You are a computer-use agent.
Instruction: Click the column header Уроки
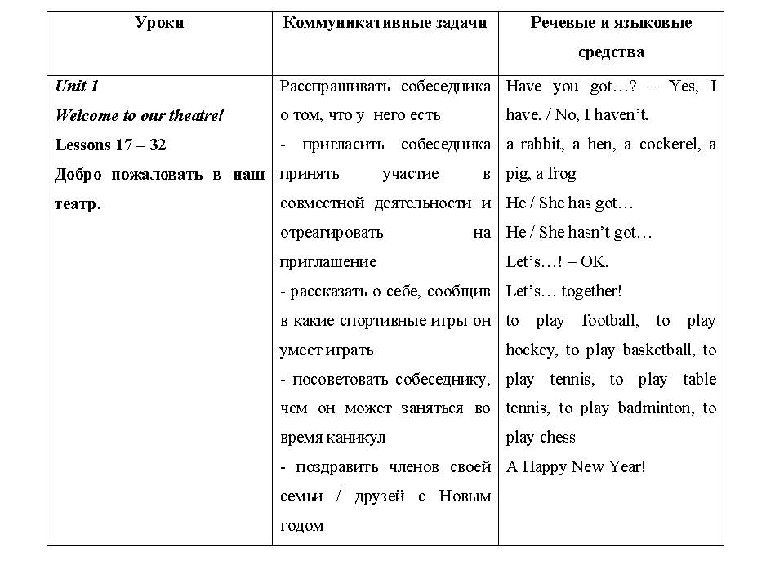click(x=159, y=23)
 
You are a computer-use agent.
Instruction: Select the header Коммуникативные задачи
click(x=385, y=23)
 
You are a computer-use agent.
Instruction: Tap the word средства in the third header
click(x=611, y=52)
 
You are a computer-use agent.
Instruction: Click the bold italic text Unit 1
click(x=77, y=86)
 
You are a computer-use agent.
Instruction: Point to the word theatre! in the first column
click(x=196, y=115)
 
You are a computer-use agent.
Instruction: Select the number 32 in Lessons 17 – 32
click(x=158, y=145)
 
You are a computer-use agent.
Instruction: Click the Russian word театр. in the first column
click(x=78, y=203)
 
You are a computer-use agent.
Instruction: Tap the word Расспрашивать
click(x=324, y=86)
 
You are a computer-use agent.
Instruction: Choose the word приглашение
click(x=328, y=262)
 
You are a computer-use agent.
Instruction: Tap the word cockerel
click(x=666, y=145)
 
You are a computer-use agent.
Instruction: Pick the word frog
click(x=562, y=174)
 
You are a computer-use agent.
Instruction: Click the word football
click(x=610, y=321)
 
